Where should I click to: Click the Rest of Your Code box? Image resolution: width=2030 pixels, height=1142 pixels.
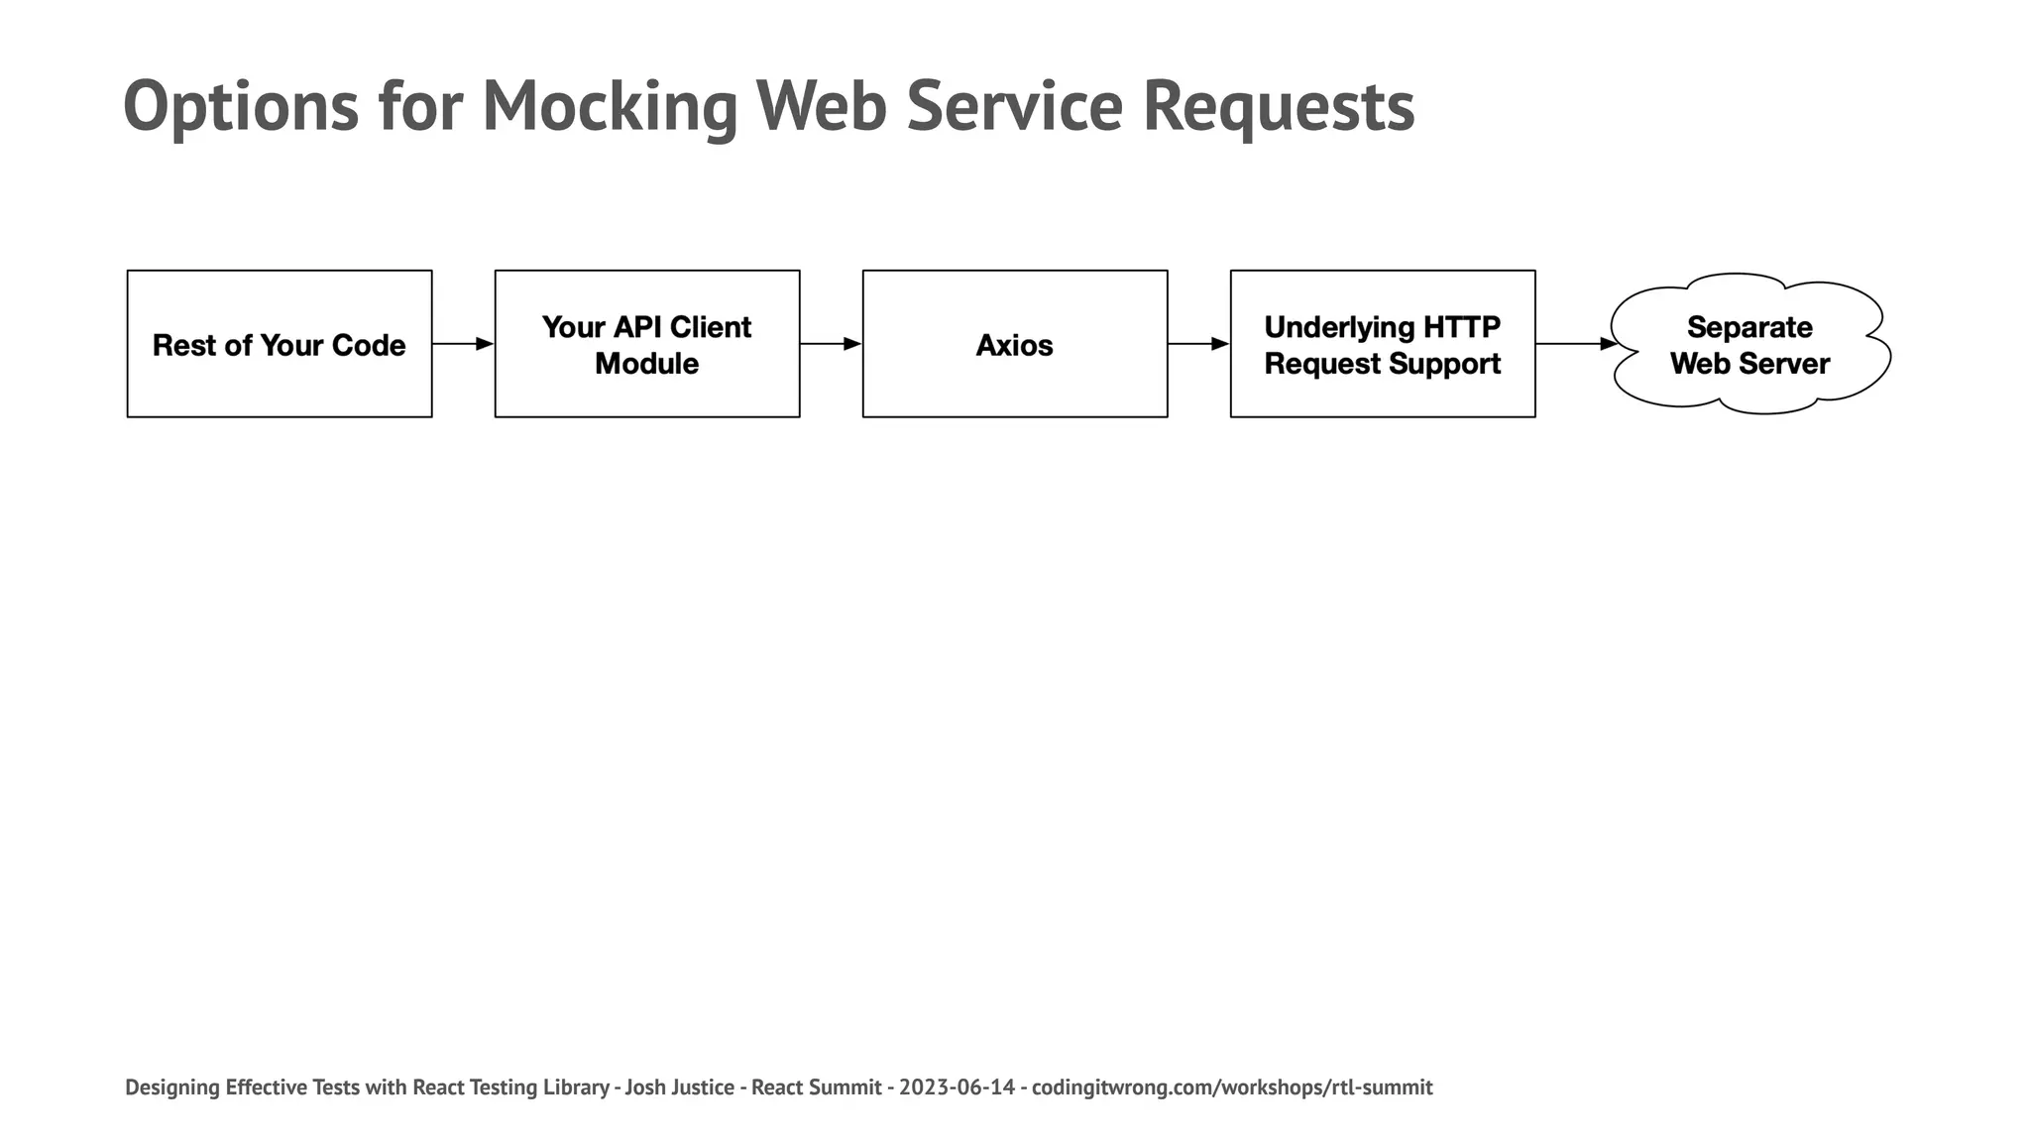[280, 344]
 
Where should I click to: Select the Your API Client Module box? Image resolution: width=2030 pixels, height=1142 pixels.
[647, 344]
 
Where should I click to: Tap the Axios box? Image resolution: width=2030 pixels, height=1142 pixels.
[1015, 344]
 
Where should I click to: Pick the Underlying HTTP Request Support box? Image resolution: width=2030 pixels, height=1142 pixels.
[1383, 344]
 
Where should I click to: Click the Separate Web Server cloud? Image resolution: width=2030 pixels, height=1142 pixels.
[1749, 345]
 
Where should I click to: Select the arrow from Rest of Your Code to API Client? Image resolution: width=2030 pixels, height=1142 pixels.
[463, 344]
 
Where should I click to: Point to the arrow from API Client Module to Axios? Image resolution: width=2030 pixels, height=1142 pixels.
[831, 344]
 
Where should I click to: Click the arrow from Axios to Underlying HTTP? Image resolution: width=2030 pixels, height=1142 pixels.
[1198, 344]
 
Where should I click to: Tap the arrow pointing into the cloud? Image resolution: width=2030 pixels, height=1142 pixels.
[1575, 344]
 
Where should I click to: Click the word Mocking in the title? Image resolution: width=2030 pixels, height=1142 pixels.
[610, 107]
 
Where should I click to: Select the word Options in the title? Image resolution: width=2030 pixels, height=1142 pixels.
[241, 107]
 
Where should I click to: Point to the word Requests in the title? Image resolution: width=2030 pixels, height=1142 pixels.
[1279, 107]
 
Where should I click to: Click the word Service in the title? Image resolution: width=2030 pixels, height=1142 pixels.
[1014, 107]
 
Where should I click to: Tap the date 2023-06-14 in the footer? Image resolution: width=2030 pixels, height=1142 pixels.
[957, 1087]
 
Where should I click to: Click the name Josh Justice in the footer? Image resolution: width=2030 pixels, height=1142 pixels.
[679, 1087]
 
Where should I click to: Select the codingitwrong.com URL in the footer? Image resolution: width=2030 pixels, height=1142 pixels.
[1232, 1087]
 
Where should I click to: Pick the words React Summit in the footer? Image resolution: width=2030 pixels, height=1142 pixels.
[816, 1087]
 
